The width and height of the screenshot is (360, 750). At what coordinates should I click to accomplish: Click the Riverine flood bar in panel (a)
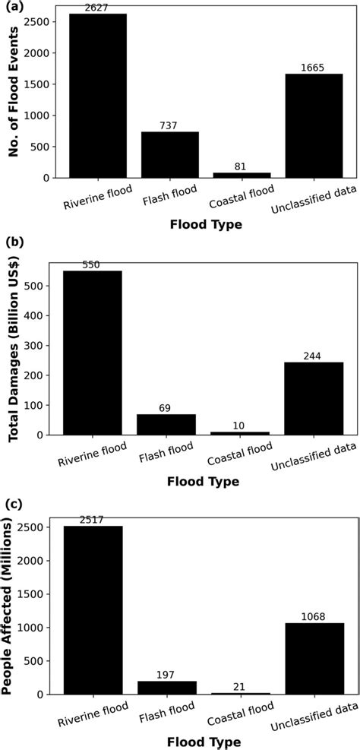coord(98,96)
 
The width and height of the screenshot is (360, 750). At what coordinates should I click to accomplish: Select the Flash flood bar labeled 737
coord(169,155)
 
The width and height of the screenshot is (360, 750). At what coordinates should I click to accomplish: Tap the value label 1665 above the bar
coord(312,68)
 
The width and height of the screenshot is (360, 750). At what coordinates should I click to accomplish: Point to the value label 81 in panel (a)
coord(241,166)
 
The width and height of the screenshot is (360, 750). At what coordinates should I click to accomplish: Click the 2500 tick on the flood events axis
coord(41,22)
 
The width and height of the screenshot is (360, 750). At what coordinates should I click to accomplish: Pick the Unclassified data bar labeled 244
coord(312,398)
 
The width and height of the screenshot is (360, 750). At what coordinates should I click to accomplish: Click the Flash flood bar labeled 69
coord(165,424)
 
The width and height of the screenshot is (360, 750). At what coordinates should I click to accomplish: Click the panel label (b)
coord(13,242)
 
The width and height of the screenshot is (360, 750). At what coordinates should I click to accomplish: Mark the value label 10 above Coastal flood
coord(238,426)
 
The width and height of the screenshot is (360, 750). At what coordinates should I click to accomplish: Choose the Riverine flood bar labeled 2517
coord(93,609)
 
